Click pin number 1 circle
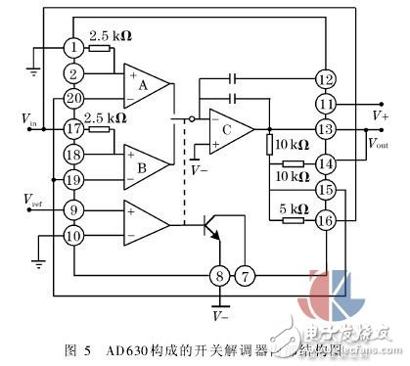pyautogui.click(x=74, y=47)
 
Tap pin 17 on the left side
pyautogui.click(x=74, y=128)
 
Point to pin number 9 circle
pyautogui.click(x=74, y=207)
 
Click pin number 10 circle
pyautogui.click(x=74, y=235)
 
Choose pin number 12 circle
pyautogui.click(x=325, y=77)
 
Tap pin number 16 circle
pyautogui.click(x=325, y=221)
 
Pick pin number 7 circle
pyautogui.click(x=246, y=277)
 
